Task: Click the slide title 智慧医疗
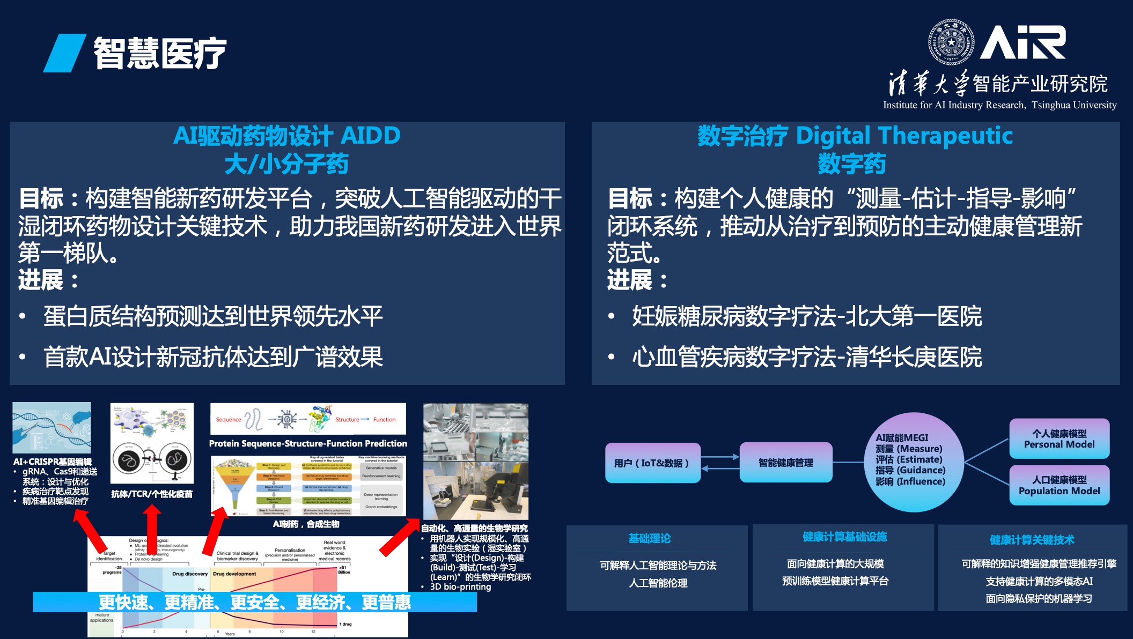pyautogui.click(x=159, y=53)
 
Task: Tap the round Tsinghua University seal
pyautogui.click(x=951, y=42)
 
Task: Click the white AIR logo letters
pyautogui.click(x=1022, y=42)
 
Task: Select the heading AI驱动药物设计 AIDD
pyautogui.click(x=287, y=136)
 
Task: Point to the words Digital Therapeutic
pyautogui.click(x=904, y=136)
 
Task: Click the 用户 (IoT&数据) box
pyautogui.click(x=652, y=463)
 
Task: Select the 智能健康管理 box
pyautogui.click(x=786, y=463)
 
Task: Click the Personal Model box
pyautogui.click(x=1059, y=439)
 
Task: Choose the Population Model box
pyautogui.click(x=1059, y=485)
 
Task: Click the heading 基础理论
pyautogui.click(x=650, y=538)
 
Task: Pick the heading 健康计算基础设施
pyautogui.click(x=844, y=537)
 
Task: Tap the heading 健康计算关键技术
pyautogui.click(x=1032, y=540)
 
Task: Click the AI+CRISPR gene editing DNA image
pyautogui.click(x=52, y=428)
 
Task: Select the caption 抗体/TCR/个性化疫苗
pyautogui.click(x=152, y=494)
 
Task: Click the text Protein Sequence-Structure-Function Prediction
pyautogui.click(x=308, y=443)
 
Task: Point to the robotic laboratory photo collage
pyautogui.click(x=475, y=461)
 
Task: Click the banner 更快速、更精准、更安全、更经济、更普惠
pyautogui.click(x=255, y=603)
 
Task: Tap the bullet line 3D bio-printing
pyautogui.click(x=460, y=586)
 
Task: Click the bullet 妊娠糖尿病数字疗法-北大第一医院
pyautogui.click(x=806, y=316)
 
